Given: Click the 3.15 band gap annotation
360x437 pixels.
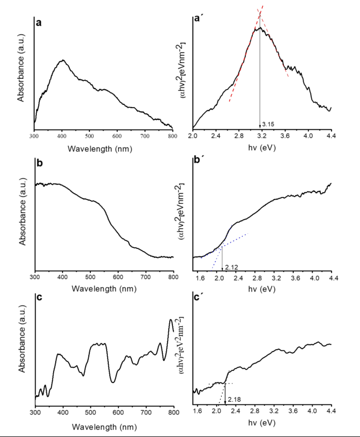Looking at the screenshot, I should [268, 124].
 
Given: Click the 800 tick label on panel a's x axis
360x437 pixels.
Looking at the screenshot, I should [172, 136].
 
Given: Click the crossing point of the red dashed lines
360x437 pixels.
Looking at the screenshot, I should [260, 15].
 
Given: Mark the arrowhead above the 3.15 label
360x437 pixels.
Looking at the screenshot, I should [260, 126].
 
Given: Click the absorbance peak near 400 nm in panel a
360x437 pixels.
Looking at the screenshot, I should [63, 60].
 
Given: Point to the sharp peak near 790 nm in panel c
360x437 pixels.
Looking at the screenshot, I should [170, 319].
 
